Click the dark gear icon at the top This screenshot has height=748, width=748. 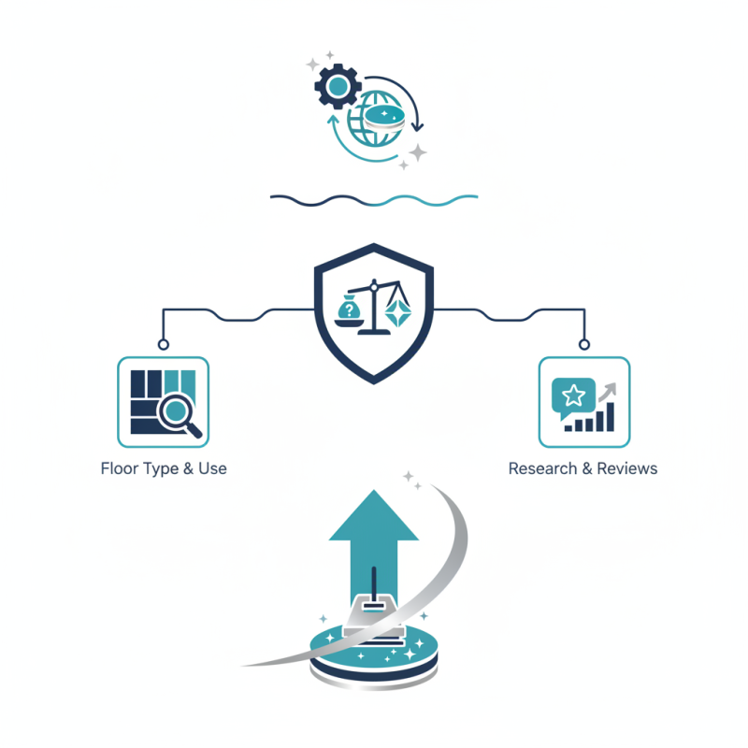pos(338,86)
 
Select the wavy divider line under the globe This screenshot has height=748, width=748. pos(374,200)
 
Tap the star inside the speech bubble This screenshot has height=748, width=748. pos(573,396)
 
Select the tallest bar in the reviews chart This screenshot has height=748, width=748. pos(611,416)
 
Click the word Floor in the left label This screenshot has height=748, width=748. pos(120,468)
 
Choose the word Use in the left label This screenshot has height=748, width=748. pos(212,468)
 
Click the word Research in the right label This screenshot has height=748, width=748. pos(543,468)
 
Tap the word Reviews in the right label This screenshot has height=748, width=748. pos(627,468)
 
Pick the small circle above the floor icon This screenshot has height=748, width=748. pos(163,344)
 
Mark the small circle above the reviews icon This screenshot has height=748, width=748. pos(583,344)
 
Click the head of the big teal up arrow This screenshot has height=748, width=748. pos(374,516)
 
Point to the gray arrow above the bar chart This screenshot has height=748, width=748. pos(609,391)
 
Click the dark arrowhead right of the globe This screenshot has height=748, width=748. pos(417,127)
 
